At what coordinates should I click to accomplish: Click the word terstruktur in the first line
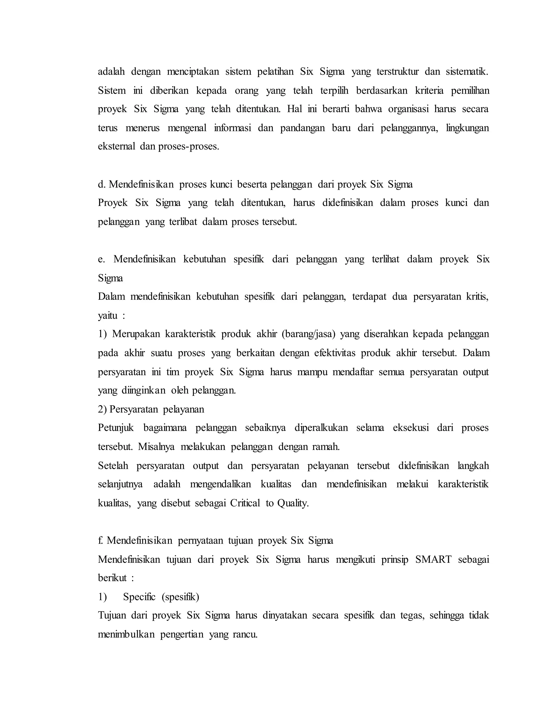click(397, 72)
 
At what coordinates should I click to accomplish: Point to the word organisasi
click(408, 109)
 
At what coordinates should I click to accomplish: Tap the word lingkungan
click(467, 128)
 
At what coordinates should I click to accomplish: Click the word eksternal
click(117, 146)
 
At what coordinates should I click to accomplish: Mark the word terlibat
click(183, 222)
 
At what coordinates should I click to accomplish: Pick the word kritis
click(477, 297)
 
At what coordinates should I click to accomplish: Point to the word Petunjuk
click(116, 428)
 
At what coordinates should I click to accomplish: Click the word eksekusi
click(411, 428)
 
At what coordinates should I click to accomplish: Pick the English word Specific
click(139, 597)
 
